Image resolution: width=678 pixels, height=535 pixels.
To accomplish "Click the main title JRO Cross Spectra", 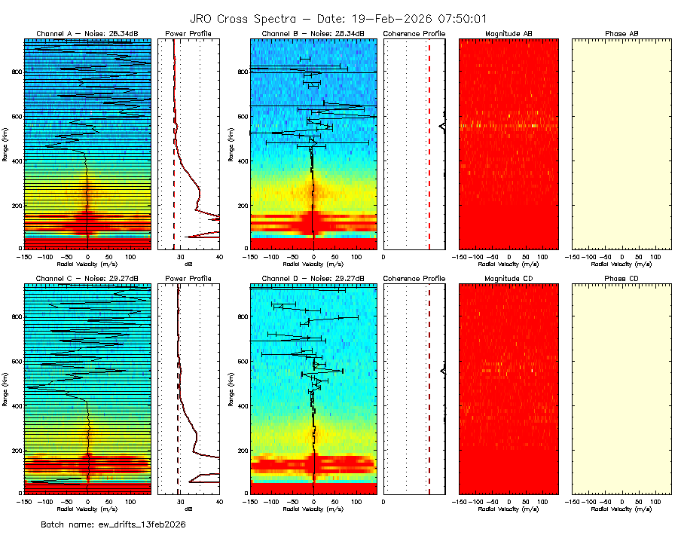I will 339,18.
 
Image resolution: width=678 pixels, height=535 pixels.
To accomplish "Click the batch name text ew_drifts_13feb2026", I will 113,524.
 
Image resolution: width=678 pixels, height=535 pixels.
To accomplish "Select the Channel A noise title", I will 87,34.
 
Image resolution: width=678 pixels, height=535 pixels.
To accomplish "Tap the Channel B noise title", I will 313,34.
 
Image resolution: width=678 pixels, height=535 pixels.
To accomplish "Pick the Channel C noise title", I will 87,278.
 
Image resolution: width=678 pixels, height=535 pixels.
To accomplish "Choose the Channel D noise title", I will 313,278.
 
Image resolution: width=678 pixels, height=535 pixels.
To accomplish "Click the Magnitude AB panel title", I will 508,34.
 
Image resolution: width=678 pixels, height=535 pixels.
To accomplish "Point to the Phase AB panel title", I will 621,34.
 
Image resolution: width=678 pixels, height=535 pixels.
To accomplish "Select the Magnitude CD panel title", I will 508,278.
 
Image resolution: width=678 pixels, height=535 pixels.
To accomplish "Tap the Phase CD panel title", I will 621,278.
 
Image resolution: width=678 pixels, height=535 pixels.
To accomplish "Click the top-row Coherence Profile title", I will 414,34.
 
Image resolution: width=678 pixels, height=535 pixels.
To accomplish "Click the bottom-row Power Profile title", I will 188,278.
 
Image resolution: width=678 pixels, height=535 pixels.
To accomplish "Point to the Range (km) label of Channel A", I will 6,143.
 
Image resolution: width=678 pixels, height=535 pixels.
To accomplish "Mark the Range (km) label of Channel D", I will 231,387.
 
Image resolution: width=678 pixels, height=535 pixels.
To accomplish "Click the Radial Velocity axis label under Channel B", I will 313,264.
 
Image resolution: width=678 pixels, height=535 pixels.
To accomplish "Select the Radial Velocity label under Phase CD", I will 621,509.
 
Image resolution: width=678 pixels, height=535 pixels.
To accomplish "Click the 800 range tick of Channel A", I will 15,72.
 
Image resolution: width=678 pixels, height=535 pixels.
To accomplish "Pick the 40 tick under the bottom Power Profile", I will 218,501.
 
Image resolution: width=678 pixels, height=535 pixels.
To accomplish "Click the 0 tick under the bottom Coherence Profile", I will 384,501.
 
